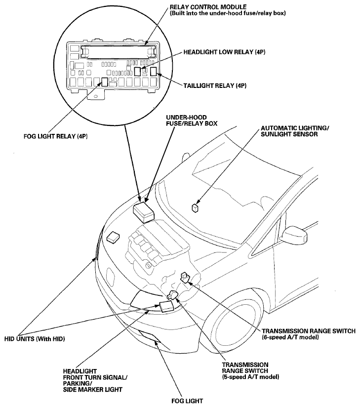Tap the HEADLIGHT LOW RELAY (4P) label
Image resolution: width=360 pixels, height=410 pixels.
224,52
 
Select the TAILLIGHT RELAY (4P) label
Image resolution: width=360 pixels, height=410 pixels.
215,85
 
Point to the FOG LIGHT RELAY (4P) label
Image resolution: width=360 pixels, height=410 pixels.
55,136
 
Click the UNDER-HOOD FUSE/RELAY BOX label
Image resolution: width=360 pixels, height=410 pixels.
192,120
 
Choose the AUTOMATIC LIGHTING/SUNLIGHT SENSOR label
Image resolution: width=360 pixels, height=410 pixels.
295,131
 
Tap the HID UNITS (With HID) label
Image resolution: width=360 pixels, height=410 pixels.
35,339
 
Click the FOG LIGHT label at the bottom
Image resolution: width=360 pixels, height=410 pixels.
187,401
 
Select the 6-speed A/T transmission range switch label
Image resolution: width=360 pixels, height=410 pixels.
309,334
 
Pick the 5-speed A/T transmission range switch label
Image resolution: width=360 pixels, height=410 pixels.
250,371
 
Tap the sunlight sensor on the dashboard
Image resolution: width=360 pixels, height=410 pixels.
195,208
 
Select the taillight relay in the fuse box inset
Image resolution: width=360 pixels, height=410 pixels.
154,71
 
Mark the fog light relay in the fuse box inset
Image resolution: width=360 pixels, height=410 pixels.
105,82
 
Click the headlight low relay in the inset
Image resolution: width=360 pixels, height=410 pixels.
137,72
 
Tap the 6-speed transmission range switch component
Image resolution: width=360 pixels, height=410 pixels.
185,277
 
